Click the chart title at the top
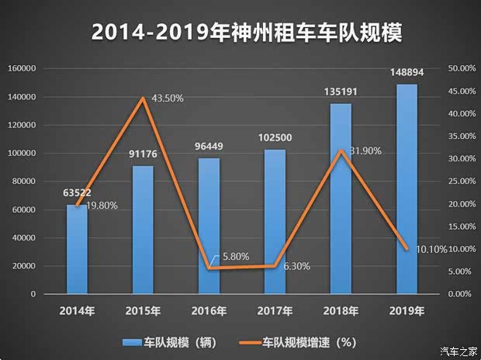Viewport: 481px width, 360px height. (240, 33)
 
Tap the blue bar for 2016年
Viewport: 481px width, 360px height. (209, 226)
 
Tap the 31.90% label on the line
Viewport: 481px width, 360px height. (364, 151)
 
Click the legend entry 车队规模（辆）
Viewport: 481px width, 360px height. (166, 341)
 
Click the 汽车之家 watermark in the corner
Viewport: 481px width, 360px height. (460, 351)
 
